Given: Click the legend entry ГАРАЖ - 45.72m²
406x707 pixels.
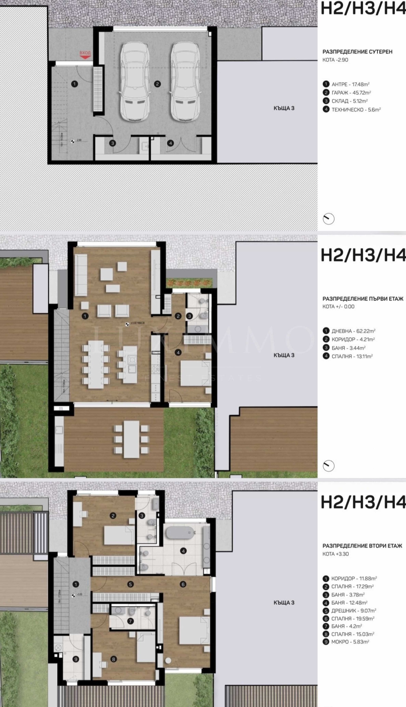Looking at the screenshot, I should click(351, 93).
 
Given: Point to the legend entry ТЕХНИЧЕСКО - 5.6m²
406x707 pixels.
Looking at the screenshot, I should click(356, 110).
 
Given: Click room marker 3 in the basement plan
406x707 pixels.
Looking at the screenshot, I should click(113, 143).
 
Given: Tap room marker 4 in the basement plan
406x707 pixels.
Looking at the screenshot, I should click(170, 143).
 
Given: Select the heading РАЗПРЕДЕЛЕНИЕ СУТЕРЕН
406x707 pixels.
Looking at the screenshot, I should click(357, 52).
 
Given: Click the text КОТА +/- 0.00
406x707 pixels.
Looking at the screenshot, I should click(338, 306).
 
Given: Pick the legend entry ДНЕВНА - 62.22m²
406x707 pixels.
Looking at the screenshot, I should click(353, 331).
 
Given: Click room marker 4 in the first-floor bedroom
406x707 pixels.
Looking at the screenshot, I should click(178, 353).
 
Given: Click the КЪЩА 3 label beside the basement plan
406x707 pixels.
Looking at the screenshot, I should click(284, 108).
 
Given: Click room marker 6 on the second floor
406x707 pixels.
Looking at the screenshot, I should click(183, 585).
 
